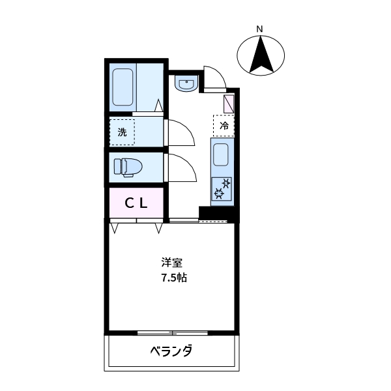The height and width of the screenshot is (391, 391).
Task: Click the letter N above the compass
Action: (259, 29)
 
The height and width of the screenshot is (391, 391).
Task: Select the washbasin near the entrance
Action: (186, 85)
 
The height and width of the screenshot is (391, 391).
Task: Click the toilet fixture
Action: (127, 167)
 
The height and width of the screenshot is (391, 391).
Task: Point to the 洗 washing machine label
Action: (122, 132)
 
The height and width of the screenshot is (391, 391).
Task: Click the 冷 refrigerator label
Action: (224, 125)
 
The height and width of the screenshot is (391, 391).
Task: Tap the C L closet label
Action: (136, 203)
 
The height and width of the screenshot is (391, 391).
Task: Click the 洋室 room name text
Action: (172, 263)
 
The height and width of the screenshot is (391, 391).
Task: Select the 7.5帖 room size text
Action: (174, 277)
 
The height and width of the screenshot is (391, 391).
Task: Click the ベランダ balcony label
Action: (171, 351)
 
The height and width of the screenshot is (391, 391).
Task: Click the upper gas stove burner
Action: (225, 182)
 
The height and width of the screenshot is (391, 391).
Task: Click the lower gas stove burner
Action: (220, 194)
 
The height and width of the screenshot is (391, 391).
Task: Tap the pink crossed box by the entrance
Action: (230, 104)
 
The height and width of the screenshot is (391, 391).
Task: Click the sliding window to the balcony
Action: (172, 333)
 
